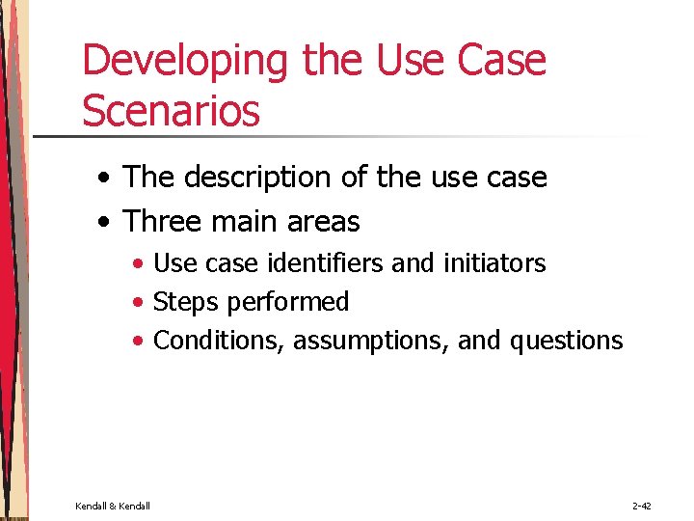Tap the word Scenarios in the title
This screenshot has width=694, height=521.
[x=171, y=110]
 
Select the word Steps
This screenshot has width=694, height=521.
[x=186, y=302]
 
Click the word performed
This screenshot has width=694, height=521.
[x=288, y=302]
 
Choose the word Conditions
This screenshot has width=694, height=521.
[x=219, y=341]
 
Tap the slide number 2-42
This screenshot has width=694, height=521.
[x=643, y=506]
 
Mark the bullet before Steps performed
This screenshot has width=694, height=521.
[x=141, y=303]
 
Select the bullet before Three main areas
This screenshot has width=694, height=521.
[x=103, y=223]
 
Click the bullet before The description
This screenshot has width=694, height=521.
[x=103, y=178]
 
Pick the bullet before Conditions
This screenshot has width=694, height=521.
[x=141, y=342]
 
